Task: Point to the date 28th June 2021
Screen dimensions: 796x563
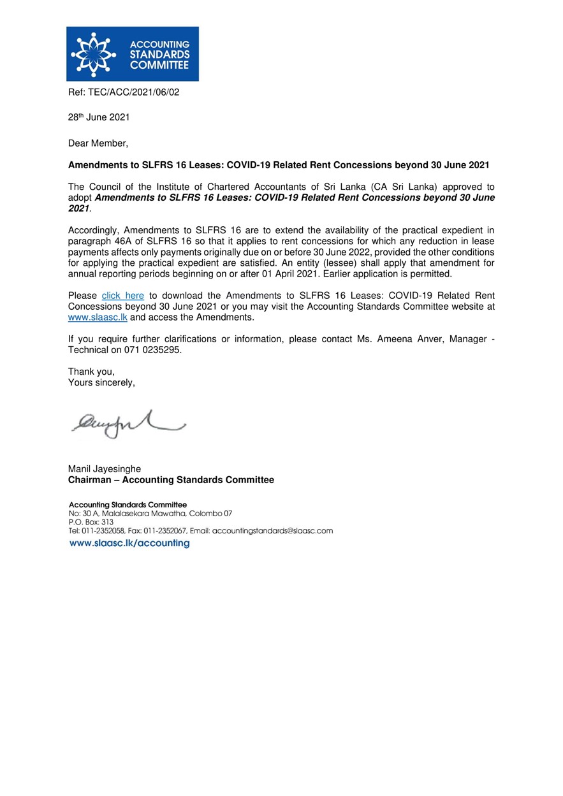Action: [99, 117]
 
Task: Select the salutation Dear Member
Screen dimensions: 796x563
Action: [98, 143]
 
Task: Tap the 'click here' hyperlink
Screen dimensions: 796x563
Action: [123, 296]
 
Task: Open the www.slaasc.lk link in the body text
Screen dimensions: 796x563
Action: [98, 317]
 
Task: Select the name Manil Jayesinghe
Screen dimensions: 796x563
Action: [105, 469]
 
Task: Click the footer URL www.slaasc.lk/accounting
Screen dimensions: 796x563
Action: [129, 544]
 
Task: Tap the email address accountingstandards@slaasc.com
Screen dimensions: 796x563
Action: [272, 530]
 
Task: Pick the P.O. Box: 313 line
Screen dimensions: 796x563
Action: [91, 521]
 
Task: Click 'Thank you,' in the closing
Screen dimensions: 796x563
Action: [91, 372]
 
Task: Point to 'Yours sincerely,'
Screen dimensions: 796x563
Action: [101, 382]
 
